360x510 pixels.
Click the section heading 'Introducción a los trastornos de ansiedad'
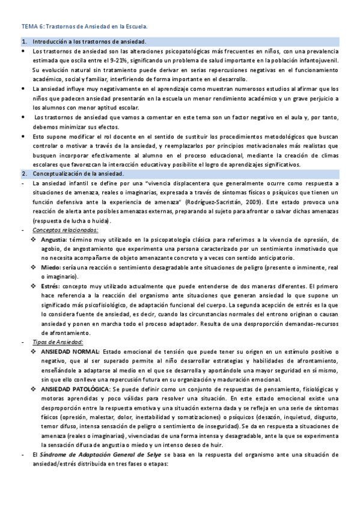coord(90,41)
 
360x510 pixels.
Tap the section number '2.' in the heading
coord(23,174)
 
